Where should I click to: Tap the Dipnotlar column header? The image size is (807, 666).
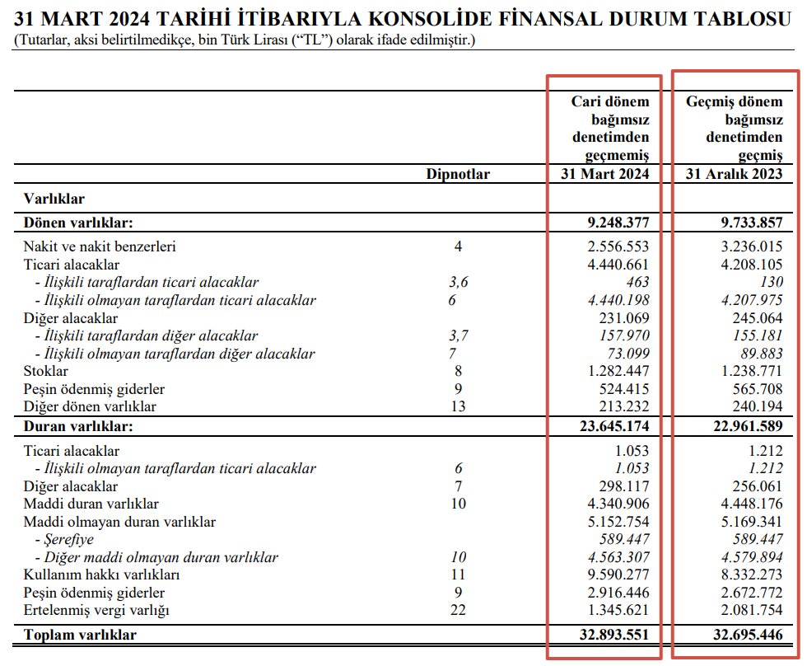click(x=458, y=174)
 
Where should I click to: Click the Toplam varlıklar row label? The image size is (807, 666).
click(x=80, y=635)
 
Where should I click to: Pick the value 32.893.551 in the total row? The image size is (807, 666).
click(x=610, y=635)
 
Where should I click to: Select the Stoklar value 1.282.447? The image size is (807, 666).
click(x=614, y=372)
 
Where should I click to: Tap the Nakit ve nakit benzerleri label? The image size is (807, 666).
click(x=99, y=246)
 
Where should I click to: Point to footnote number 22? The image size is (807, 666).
click(x=458, y=611)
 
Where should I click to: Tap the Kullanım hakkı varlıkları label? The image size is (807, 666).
click(x=101, y=575)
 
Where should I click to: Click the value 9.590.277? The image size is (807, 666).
click(x=614, y=575)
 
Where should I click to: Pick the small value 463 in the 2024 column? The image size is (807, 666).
click(x=637, y=282)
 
